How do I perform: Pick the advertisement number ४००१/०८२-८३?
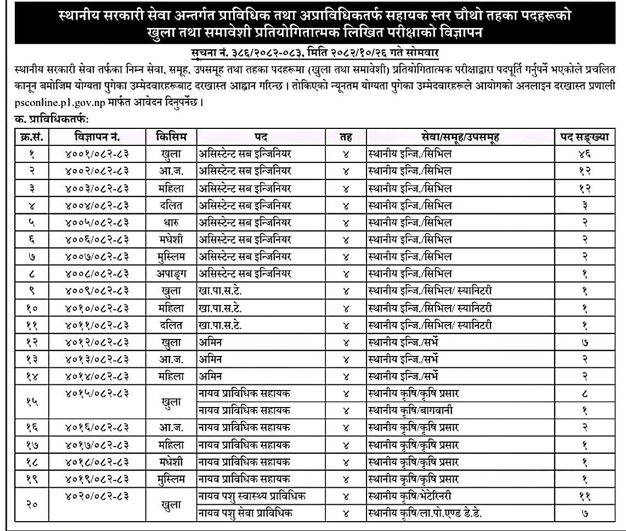pos(96,154)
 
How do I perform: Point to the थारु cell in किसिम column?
pos(171,222)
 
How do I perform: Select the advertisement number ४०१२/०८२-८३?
pos(96,342)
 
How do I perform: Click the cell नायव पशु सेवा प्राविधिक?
pos(245,513)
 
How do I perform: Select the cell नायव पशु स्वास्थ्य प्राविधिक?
pos(251,496)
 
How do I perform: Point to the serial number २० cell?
pos(31,505)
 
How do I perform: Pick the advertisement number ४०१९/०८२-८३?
pos(96,478)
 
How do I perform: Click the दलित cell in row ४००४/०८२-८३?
pos(171,205)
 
